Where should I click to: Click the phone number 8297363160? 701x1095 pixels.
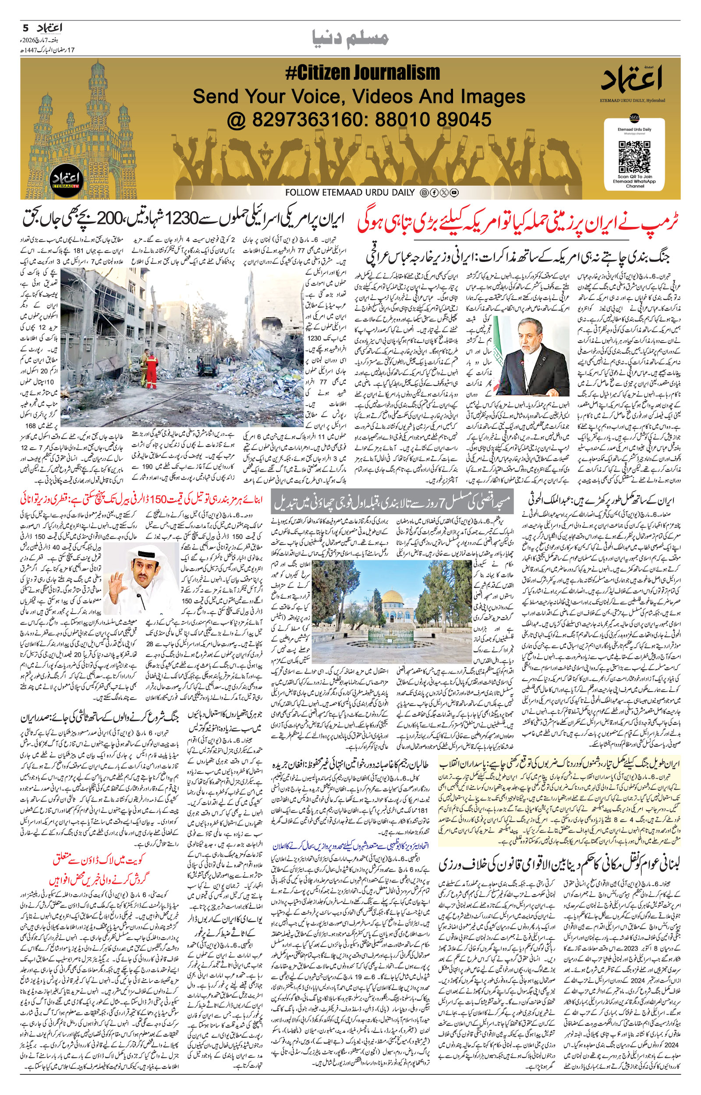pos(309,120)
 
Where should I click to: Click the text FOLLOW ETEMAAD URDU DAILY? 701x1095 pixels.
pos(350,192)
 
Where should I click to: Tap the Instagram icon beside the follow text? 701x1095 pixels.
pos(424,192)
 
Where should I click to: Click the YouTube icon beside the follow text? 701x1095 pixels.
pos(454,192)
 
